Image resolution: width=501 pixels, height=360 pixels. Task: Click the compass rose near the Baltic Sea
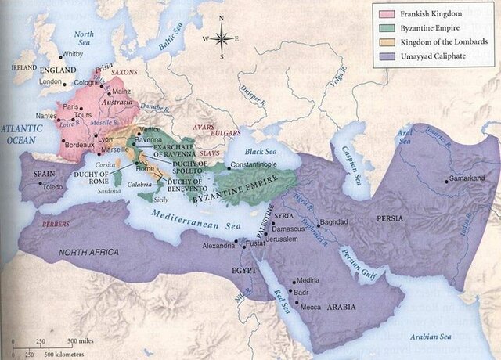pyautogui.click(x=222, y=37)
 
